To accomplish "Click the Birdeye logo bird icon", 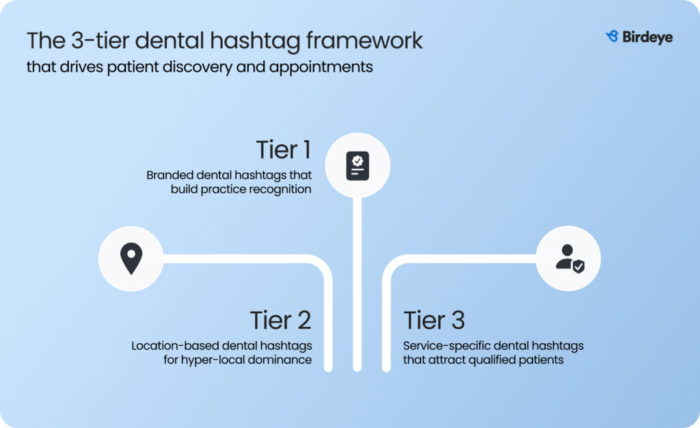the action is tap(612, 37).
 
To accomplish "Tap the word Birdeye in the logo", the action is tap(647, 37).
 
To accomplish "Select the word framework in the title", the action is tap(364, 40).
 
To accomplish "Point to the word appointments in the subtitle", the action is tap(321, 68).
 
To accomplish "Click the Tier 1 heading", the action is tap(284, 150).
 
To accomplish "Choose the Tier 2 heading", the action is tap(280, 320).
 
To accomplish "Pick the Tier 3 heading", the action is tap(434, 320).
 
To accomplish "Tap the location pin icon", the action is tap(131, 258).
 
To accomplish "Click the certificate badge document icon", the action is tap(358, 166).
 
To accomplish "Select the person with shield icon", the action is tap(569, 258).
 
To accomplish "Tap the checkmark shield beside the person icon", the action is tap(578, 267).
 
